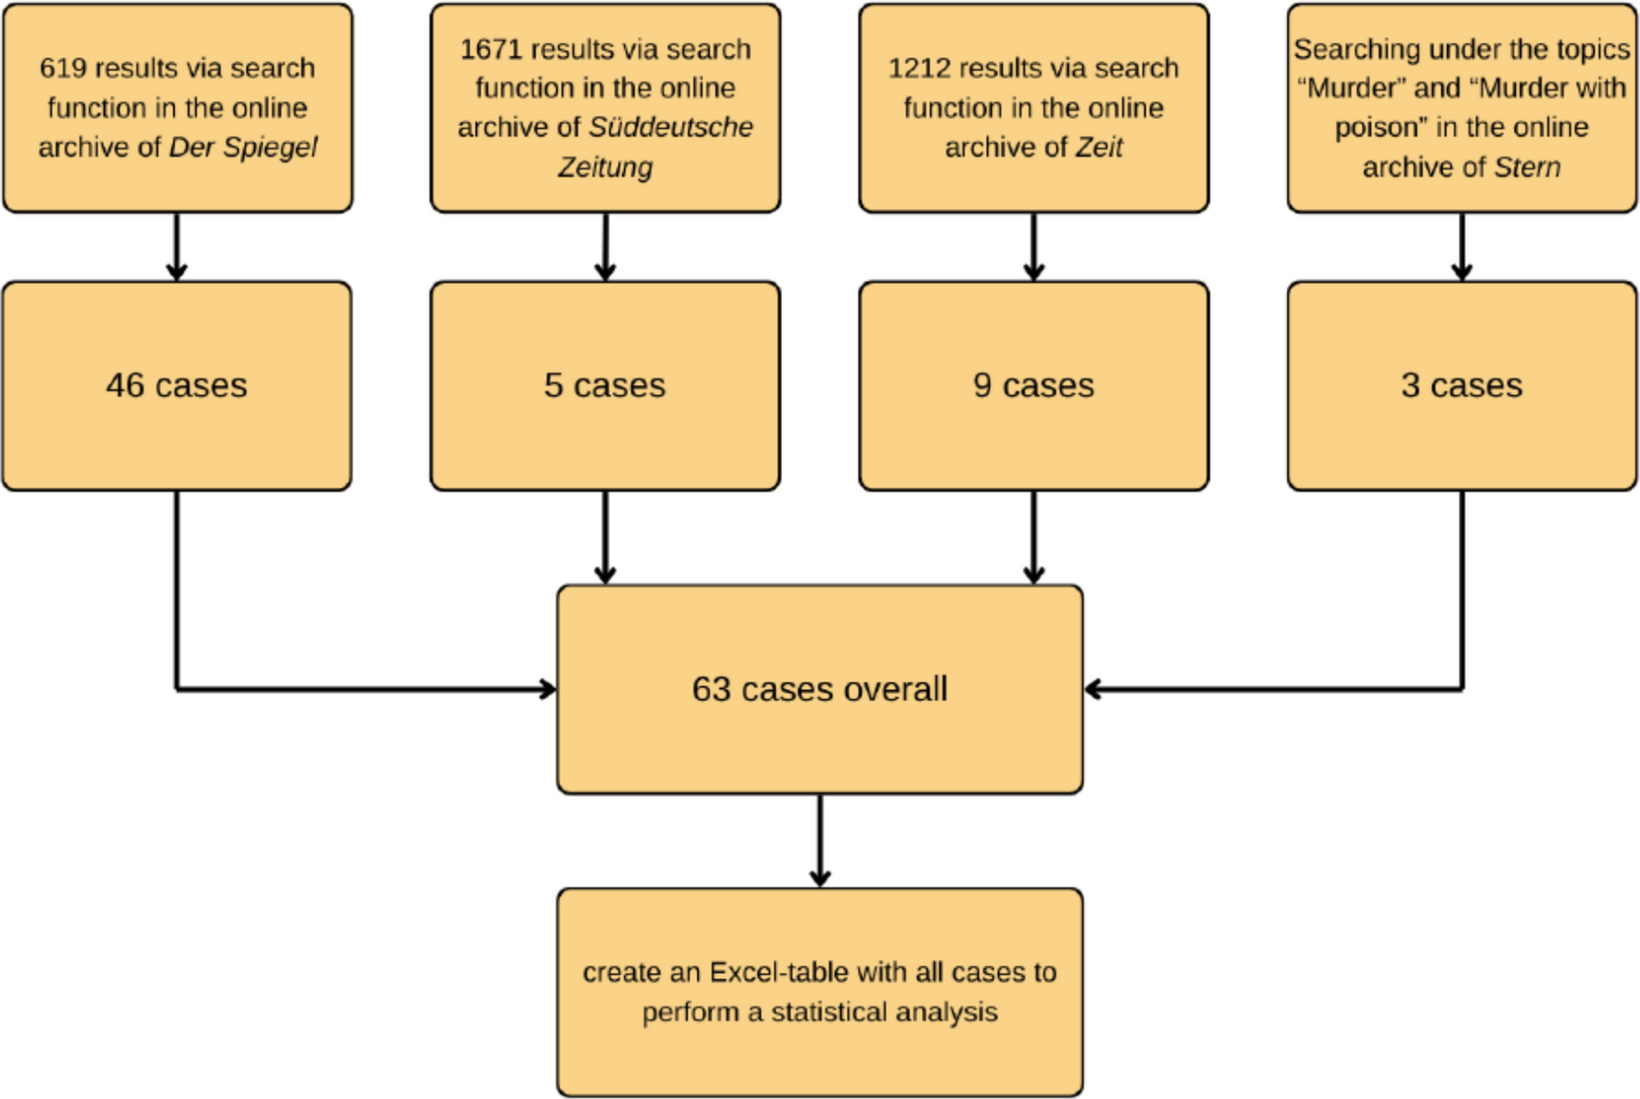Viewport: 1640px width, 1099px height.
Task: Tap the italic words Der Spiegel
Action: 243,148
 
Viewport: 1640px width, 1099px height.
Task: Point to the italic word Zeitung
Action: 605,168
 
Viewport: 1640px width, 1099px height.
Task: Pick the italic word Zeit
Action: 1098,148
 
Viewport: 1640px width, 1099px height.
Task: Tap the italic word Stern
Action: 1527,168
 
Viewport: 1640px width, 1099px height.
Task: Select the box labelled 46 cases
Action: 177,386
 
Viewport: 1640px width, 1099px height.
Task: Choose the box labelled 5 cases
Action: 605,386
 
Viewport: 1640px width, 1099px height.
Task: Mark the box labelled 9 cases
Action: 1034,386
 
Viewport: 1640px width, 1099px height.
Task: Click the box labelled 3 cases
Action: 1462,386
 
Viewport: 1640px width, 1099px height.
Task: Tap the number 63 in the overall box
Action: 711,690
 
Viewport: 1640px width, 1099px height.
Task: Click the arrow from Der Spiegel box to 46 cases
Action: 177,247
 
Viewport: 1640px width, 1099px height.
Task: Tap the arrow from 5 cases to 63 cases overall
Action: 605,537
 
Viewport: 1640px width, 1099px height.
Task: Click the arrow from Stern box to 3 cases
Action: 1462,247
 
